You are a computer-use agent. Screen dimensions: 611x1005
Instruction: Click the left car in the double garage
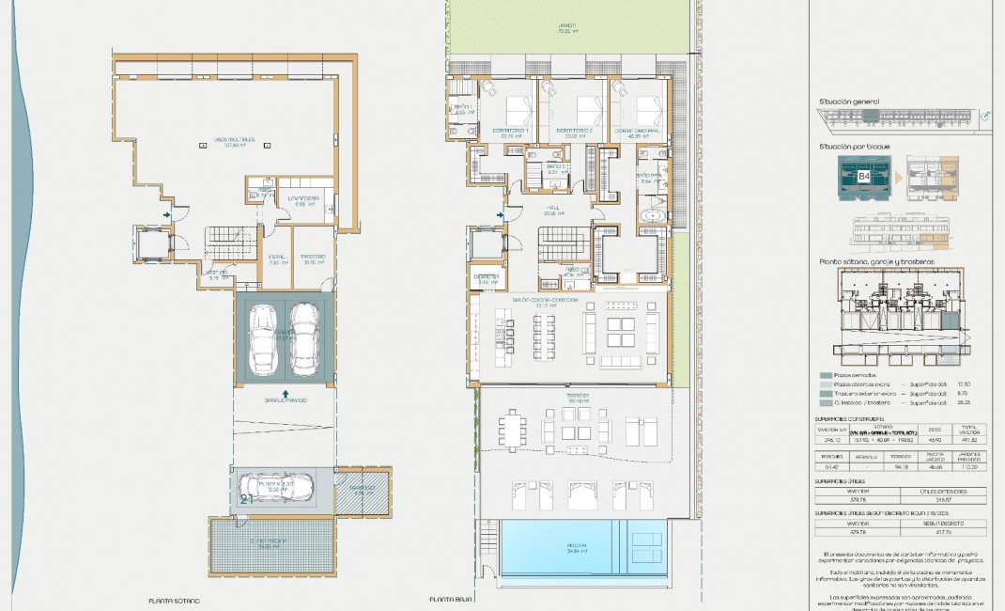263,337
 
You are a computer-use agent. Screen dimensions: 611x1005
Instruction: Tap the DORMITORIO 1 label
514,131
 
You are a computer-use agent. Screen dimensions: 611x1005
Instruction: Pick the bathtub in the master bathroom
652,217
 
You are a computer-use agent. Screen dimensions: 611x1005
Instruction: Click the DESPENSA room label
487,277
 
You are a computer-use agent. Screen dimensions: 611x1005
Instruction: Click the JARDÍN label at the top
565,27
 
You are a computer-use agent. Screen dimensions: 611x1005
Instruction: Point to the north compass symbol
985,116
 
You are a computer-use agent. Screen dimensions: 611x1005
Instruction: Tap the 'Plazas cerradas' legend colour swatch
826,374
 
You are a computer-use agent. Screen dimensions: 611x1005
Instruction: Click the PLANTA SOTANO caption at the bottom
175,600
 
